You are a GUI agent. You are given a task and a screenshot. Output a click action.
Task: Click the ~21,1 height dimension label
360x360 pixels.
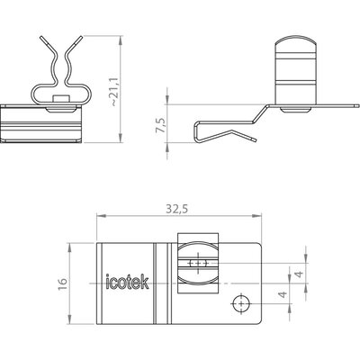point(114,92)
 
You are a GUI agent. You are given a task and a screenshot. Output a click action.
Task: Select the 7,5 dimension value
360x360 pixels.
point(161,125)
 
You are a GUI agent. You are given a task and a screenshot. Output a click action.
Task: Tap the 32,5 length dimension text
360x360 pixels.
point(177,209)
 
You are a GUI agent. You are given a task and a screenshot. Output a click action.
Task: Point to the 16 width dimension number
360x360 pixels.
point(63,283)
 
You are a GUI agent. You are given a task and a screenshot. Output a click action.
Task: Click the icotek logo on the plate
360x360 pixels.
point(128,282)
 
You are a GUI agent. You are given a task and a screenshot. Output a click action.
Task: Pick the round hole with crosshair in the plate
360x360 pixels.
point(241,303)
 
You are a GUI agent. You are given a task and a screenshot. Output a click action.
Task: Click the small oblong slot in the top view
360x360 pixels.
point(198,264)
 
